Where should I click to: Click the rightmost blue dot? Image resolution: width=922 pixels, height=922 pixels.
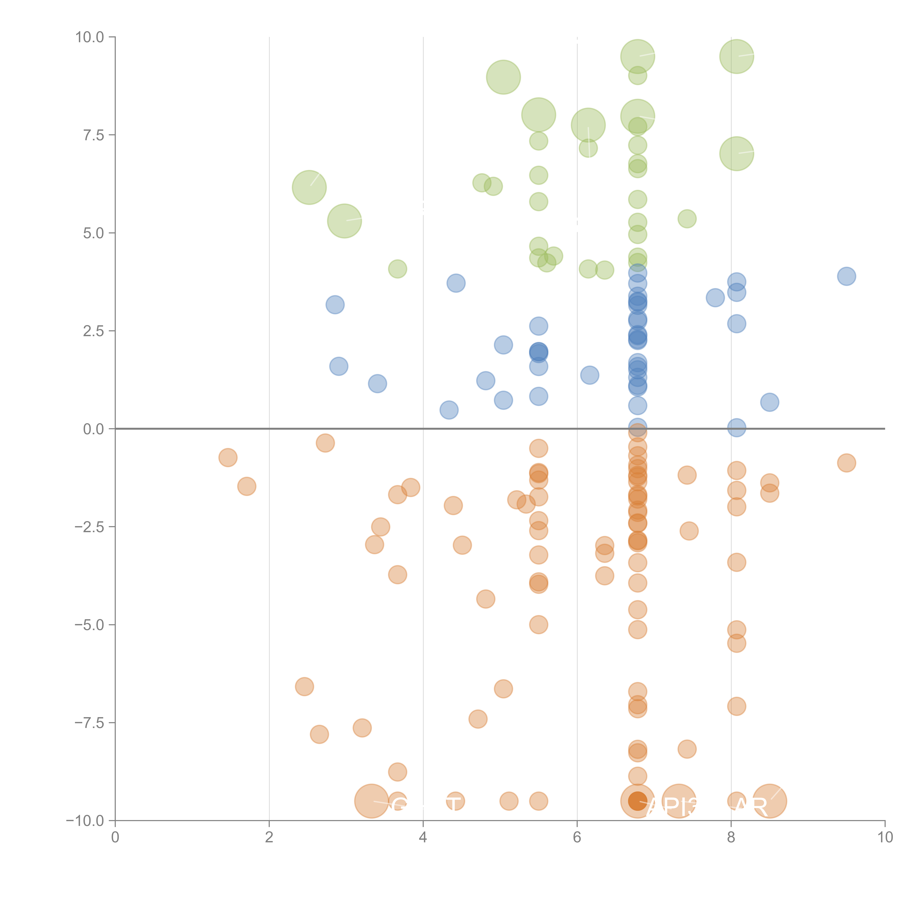click(x=846, y=276)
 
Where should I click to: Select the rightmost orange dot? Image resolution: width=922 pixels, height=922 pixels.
click(x=846, y=462)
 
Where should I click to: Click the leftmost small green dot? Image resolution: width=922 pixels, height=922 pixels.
click(x=398, y=269)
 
